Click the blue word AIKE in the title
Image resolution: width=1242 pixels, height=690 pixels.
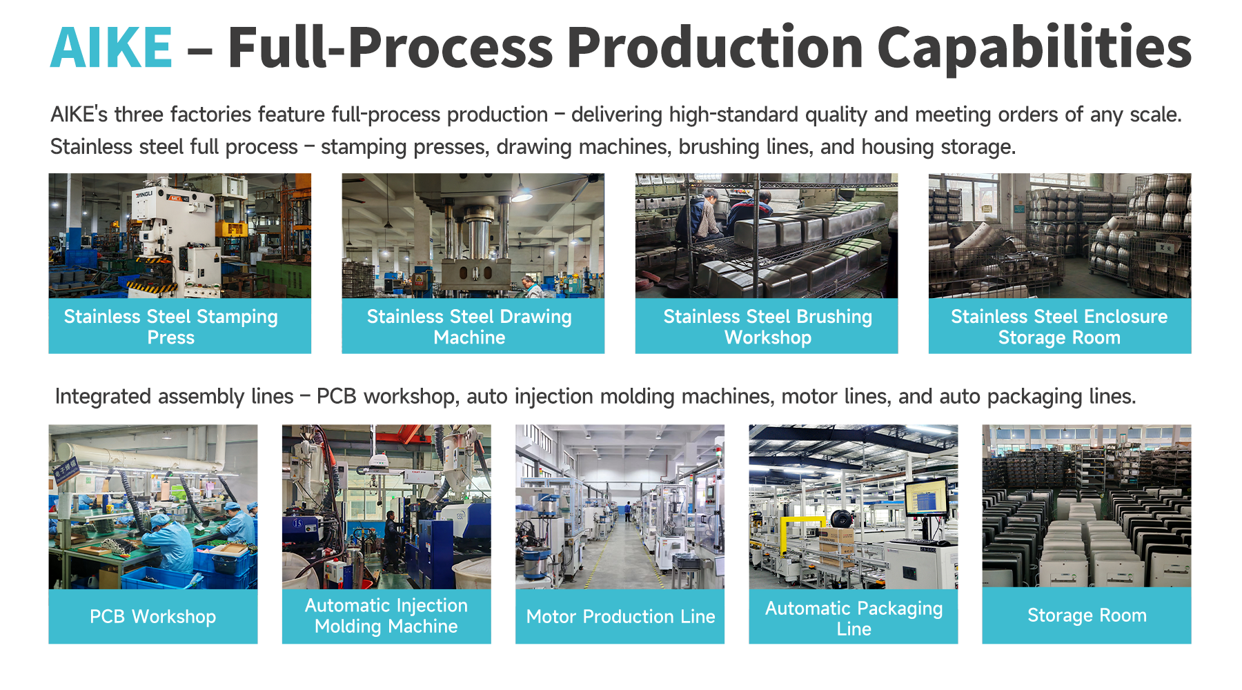(111, 47)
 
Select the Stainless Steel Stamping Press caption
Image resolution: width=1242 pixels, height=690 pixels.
(171, 326)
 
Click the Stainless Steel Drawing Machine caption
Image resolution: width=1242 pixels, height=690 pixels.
(469, 326)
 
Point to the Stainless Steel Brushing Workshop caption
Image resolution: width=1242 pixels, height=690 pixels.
(767, 326)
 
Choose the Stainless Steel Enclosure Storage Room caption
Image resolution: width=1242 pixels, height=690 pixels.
(1059, 326)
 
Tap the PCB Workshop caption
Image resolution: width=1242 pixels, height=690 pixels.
(152, 616)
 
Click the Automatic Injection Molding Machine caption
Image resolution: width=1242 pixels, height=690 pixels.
(386, 615)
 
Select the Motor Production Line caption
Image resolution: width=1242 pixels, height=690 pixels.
(620, 616)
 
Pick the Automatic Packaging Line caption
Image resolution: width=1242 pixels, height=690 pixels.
(854, 618)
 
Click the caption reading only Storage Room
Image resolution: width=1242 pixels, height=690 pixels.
(1087, 615)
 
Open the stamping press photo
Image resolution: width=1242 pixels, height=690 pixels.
(180, 235)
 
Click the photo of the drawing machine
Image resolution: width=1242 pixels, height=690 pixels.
(473, 235)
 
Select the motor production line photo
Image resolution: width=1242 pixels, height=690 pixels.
(620, 506)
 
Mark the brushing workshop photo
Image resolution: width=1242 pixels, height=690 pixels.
(767, 235)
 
